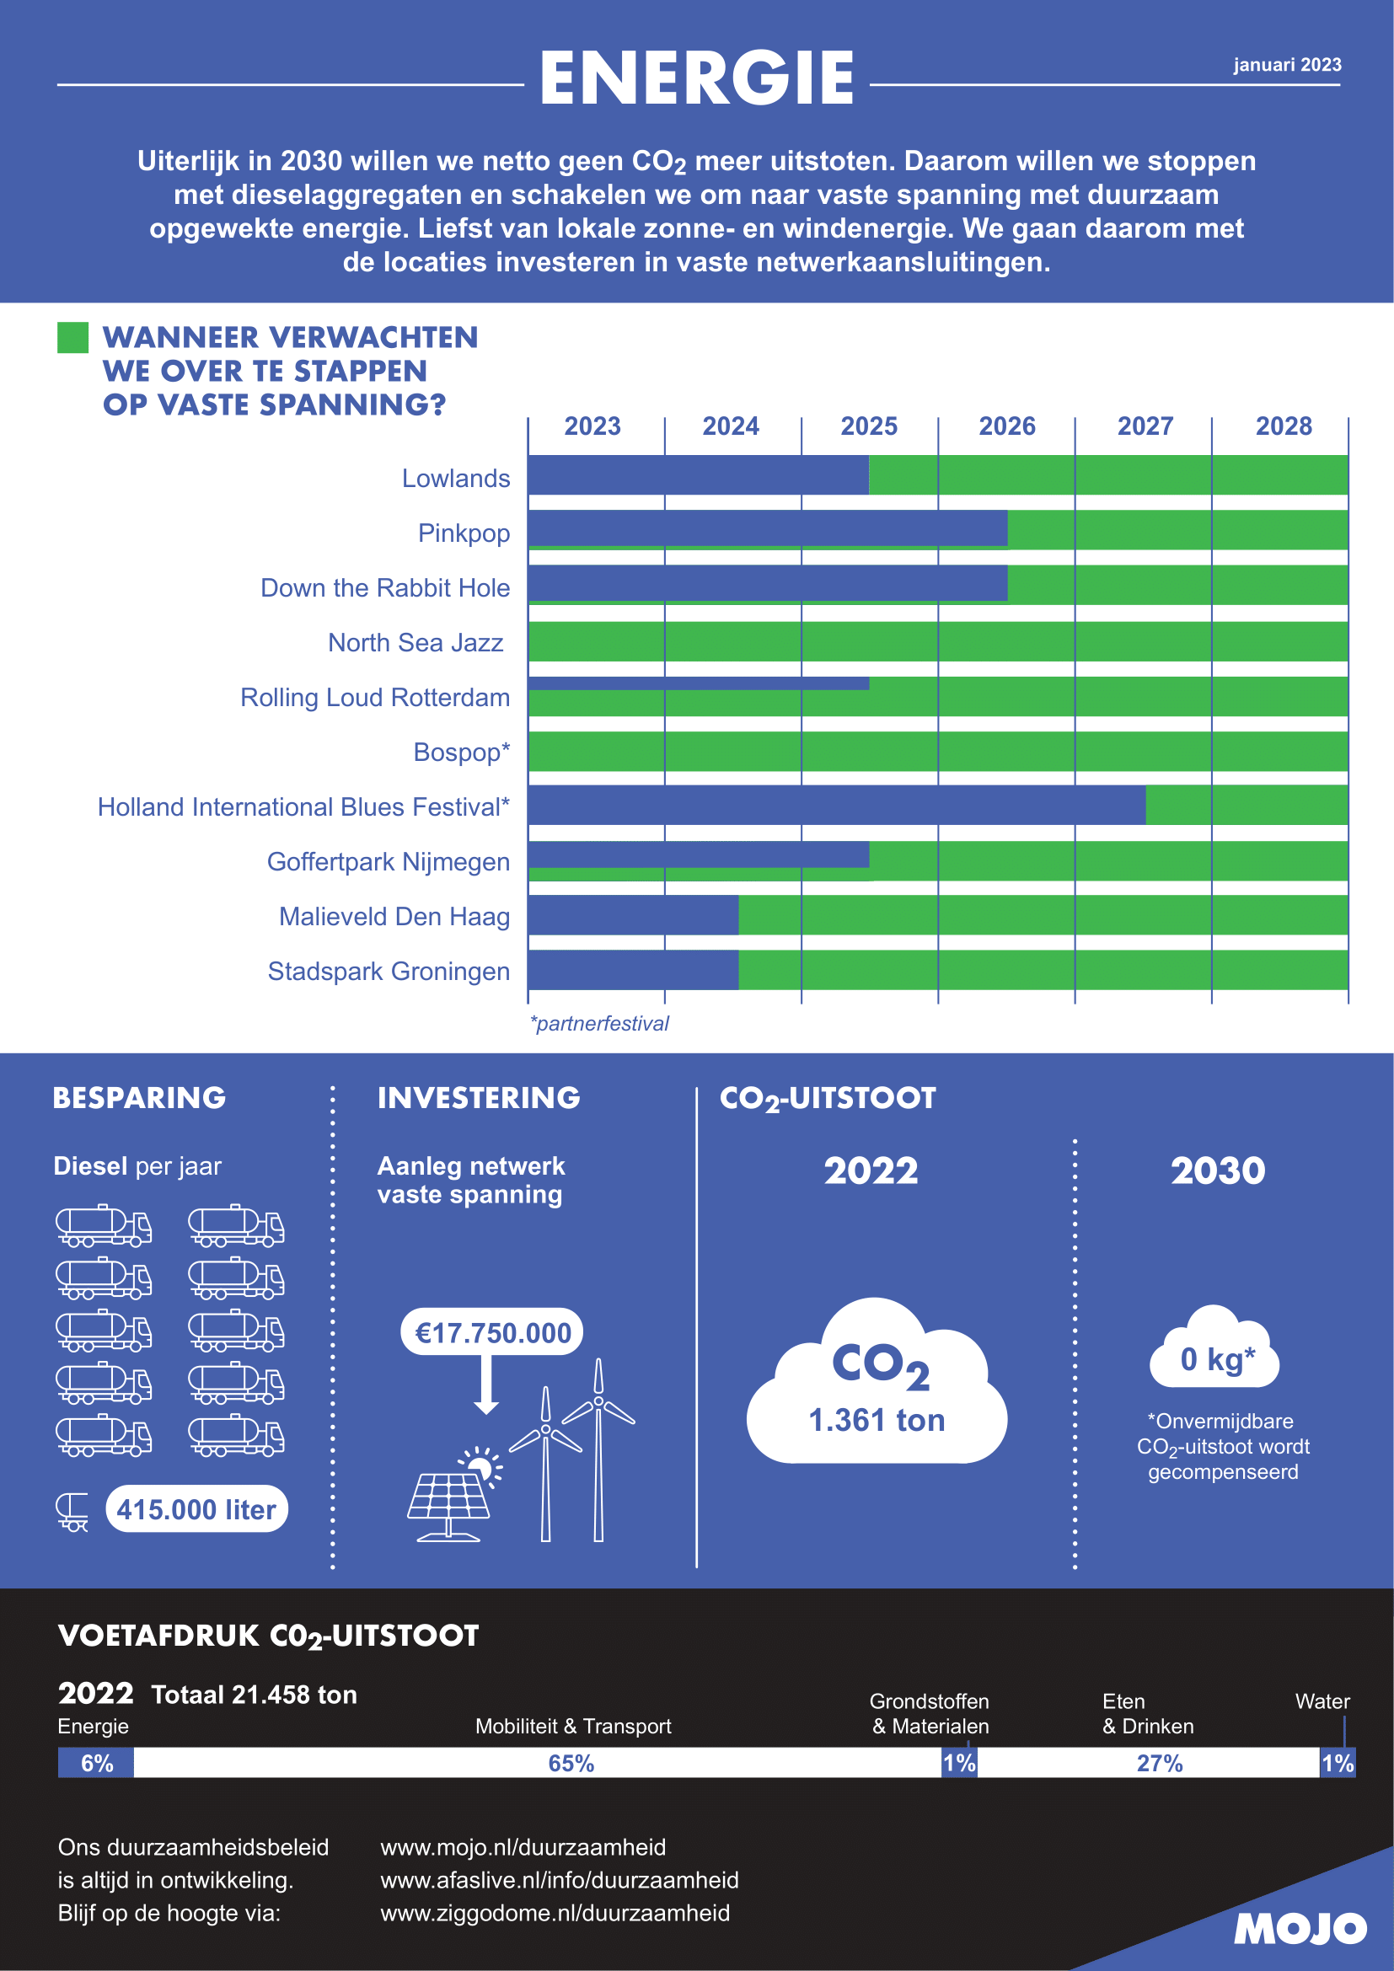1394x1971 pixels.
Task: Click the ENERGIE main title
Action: tap(696, 78)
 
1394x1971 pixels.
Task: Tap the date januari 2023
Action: tap(1287, 65)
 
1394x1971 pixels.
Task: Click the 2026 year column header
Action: tap(1006, 426)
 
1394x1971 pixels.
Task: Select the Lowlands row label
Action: tap(456, 478)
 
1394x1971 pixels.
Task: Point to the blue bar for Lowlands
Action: tap(698, 474)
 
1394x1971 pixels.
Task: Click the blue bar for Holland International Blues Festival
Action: tap(836, 806)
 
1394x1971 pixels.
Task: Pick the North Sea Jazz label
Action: tap(416, 642)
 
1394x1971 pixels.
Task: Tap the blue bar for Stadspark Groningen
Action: tap(633, 970)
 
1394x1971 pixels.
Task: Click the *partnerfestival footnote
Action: tap(599, 1023)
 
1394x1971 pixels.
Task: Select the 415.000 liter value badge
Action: tap(196, 1509)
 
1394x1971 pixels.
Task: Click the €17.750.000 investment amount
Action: tap(493, 1332)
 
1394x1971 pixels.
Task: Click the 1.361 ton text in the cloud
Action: tap(877, 1420)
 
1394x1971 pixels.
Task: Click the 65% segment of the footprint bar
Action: tap(571, 1763)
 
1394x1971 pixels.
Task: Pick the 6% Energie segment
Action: tap(96, 1763)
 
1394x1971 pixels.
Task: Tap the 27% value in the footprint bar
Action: tap(1160, 1763)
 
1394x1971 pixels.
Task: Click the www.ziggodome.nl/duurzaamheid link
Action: tap(555, 1913)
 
